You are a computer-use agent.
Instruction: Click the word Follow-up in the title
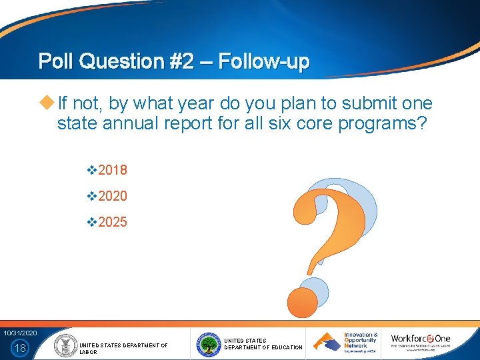[x=263, y=62]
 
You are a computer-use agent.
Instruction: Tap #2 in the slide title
[x=181, y=62]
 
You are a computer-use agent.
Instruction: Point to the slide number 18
[x=21, y=347]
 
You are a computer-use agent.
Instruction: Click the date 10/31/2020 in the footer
[x=21, y=333]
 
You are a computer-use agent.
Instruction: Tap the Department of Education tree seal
[x=209, y=345]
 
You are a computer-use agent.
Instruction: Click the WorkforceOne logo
[x=421, y=342]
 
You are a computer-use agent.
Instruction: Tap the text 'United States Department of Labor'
[x=123, y=348]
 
